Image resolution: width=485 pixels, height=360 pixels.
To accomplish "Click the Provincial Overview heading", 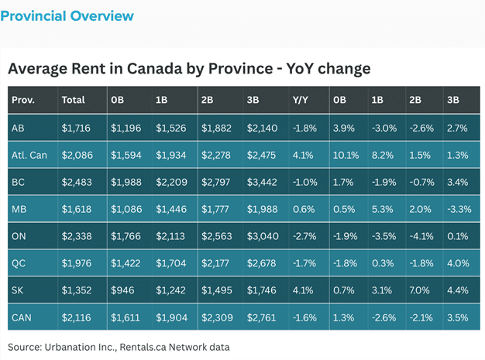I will click(x=67, y=16).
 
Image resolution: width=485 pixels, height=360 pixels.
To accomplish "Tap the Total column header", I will click(x=74, y=100).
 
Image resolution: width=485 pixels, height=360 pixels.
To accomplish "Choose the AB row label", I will click(x=19, y=127).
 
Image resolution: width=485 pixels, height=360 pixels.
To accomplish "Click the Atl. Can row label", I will click(x=30, y=155).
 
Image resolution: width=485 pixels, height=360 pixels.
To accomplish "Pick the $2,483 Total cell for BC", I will click(x=77, y=182).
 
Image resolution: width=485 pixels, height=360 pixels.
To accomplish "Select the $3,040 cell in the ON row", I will click(x=263, y=236).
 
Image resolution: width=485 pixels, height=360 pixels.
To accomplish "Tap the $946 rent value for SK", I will click(x=122, y=290).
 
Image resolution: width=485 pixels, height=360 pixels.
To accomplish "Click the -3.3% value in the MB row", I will click(x=458, y=209).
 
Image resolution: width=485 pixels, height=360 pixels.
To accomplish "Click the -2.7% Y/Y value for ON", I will click(x=304, y=236).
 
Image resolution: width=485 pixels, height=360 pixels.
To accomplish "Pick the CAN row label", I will click(x=22, y=317).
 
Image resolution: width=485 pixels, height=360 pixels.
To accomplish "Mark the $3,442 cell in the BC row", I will click(x=263, y=182).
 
